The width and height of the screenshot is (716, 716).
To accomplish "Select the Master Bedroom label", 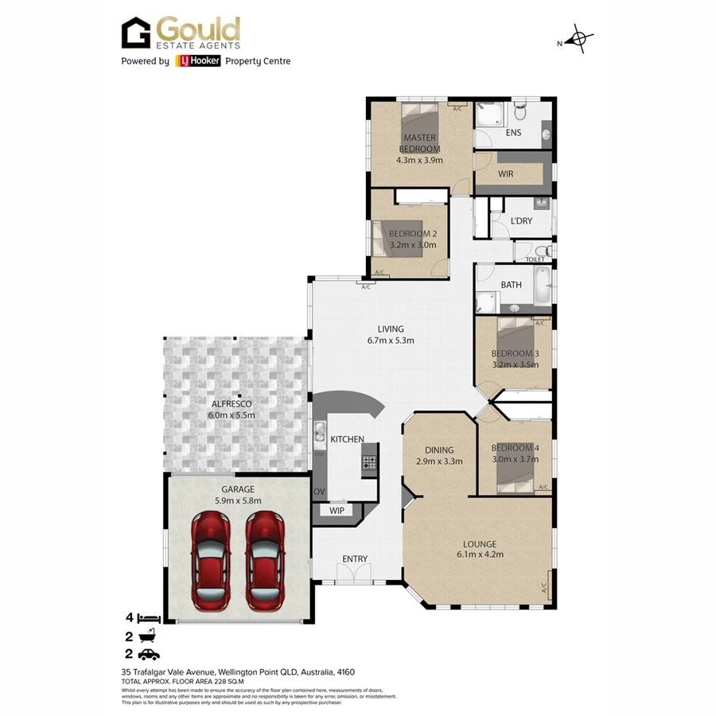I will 418,143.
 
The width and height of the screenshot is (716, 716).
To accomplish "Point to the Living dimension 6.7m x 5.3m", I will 391,340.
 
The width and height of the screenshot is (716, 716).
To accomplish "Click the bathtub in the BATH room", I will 541,287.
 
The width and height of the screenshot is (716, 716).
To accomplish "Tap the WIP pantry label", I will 337,510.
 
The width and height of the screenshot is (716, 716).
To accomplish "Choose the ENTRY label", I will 355,559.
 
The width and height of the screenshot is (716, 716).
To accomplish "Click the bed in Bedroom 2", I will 391,237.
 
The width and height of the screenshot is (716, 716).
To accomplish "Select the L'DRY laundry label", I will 521,220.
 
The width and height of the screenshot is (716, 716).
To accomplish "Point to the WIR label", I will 505,173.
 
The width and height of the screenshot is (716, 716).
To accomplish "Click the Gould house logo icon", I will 136,33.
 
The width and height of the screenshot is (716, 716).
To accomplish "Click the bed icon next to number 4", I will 149,618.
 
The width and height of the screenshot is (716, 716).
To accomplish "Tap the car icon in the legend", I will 149,654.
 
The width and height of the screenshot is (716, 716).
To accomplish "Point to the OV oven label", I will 319,492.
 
